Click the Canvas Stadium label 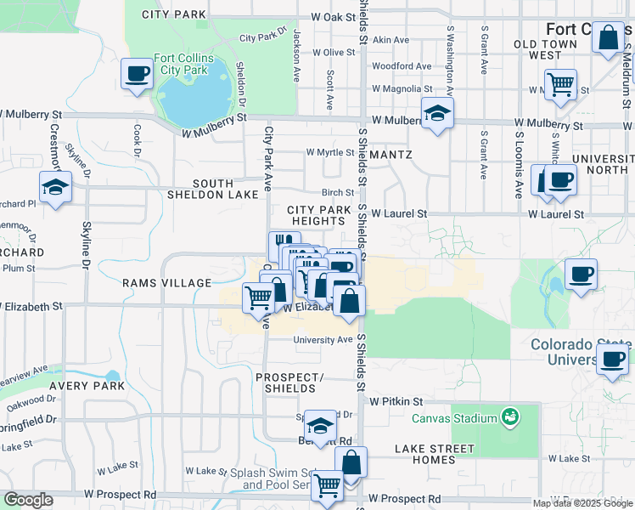(x=454, y=418)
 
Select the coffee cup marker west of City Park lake (x=137, y=73)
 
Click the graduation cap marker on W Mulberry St (x=437, y=113)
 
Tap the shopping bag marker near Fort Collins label (x=608, y=38)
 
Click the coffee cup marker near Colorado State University (x=611, y=358)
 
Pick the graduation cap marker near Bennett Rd (x=320, y=424)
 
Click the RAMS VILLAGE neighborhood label (x=166, y=283)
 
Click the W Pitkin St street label (x=396, y=401)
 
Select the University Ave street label (x=323, y=340)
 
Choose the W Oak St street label (x=332, y=17)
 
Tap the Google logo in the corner (x=28, y=500)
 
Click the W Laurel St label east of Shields (x=398, y=214)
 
